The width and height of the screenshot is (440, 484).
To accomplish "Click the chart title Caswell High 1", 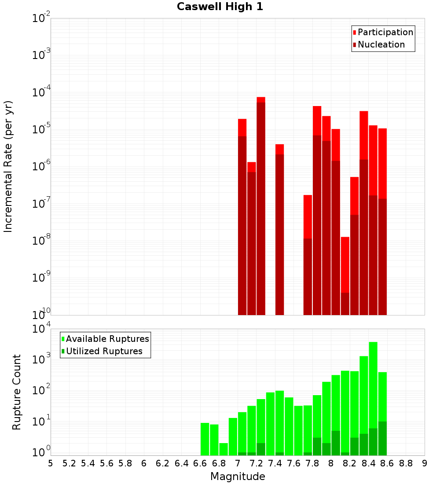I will (220, 7).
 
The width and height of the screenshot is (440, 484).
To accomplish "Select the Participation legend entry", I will (385, 32).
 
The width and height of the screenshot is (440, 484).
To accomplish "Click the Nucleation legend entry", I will (381, 44).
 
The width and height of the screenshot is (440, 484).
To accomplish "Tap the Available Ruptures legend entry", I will (107, 339).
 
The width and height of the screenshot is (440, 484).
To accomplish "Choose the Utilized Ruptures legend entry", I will (104, 351).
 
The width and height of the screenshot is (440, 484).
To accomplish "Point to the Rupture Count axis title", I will (17, 392).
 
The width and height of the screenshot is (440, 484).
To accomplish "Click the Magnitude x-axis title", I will (238, 476).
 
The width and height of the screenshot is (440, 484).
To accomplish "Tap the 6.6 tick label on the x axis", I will (200, 463).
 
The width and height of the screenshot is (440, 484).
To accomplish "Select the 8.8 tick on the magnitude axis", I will (406, 463).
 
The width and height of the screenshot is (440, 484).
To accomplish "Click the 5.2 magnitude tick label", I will (69, 463).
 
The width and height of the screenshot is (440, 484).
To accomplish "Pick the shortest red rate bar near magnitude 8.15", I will (345, 275).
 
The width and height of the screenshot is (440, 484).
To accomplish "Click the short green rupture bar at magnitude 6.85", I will (224, 449).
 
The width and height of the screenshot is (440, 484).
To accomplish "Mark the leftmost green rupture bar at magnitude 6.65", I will (205, 439).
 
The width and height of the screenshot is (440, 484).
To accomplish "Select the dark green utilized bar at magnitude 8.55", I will (382, 438).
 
